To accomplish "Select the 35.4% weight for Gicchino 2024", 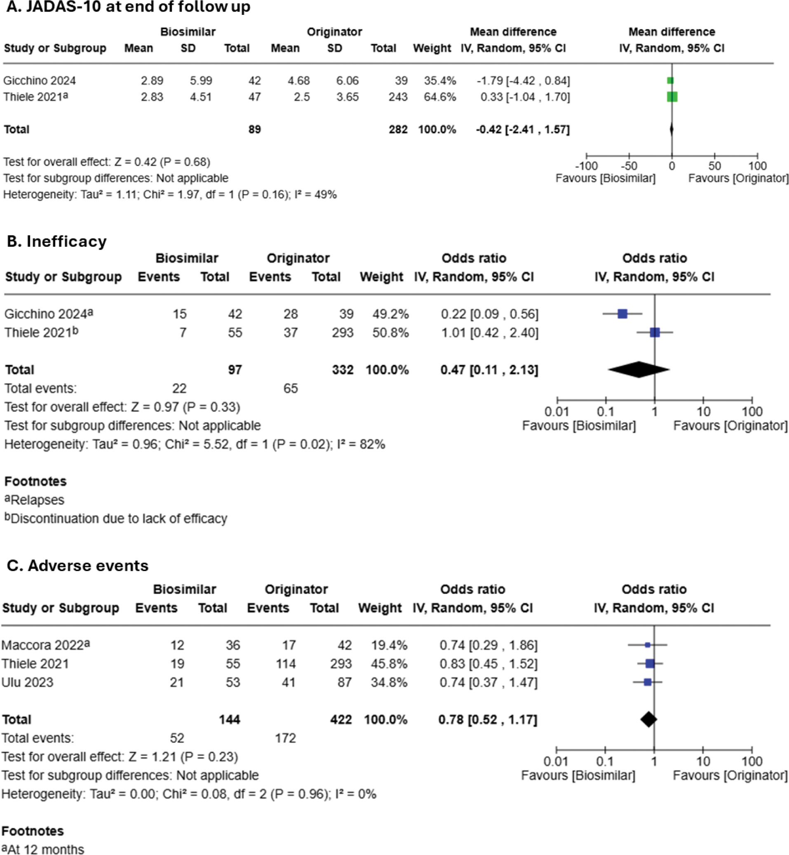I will pos(440,81).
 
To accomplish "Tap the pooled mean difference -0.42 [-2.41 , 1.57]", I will pos(523,130).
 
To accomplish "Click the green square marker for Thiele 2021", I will pos(672,97).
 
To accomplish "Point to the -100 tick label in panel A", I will pos(586,166).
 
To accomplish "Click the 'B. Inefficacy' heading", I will pos(57,241).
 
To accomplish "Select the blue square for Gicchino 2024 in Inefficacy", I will pos(622,314).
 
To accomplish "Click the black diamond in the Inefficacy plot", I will pos(639,370).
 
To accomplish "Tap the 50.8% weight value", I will pos(390,333).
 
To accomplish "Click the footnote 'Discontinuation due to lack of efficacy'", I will pos(119,518).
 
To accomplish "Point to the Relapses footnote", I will pos(37,499).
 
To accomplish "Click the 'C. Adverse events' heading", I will pos(77,565).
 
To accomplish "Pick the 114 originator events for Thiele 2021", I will pos(285,664).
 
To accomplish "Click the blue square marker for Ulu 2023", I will pos(648,682).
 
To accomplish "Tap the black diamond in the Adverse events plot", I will pos(648,720).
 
